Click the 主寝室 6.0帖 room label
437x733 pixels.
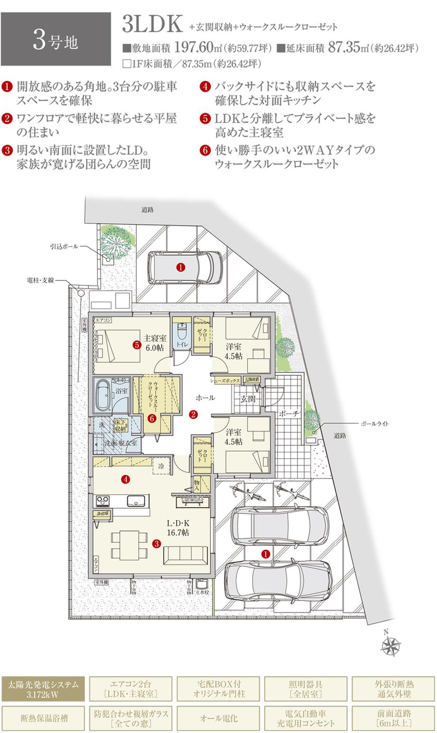[x=155, y=343]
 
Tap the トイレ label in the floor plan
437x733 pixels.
[x=180, y=344]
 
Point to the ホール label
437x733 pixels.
[x=205, y=397]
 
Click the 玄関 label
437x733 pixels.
[x=248, y=399]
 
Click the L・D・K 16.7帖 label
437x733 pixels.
[x=178, y=528]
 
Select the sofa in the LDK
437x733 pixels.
[x=185, y=554]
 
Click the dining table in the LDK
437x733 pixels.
[x=129, y=544]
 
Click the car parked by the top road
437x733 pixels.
[x=185, y=268]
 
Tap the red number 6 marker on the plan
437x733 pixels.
[x=152, y=418]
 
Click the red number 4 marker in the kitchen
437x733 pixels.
[x=125, y=479]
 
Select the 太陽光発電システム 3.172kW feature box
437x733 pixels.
[x=43, y=689]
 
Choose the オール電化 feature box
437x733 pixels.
[x=218, y=718]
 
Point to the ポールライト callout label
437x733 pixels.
[x=374, y=423]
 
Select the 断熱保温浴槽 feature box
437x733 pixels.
[x=43, y=718]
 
